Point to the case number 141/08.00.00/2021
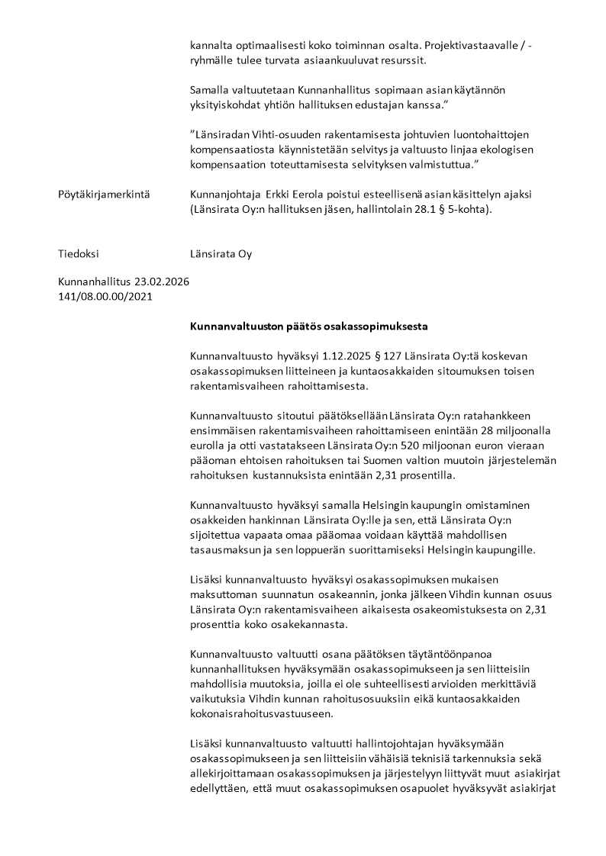[105, 296]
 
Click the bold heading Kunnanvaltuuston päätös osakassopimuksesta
[308, 327]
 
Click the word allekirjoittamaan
[234, 773]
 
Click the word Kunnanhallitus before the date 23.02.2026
[95, 282]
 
